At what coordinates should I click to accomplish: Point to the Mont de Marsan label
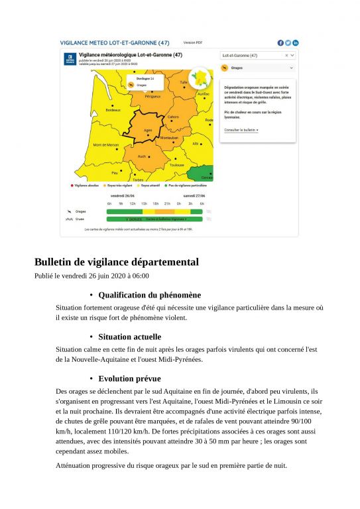click(x=105, y=144)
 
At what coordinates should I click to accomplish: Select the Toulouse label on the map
click(x=176, y=165)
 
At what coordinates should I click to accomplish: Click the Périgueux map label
click(x=152, y=96)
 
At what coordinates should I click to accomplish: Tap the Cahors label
click(x=173, y=117)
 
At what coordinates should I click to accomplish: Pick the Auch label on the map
click(x=142, y=156)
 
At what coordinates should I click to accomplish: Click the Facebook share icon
click(x=280, y=42)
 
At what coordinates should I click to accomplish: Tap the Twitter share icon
click(x=288, y=42)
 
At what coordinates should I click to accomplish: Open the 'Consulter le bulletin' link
click(x=241, y=130)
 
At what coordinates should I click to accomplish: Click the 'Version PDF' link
click(x=192, y=42)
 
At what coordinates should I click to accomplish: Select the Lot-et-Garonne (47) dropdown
click(x=259, y=56)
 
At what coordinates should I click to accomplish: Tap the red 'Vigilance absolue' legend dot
click(x=72, y=185)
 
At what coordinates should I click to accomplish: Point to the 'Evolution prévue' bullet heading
click(x=129, y=378)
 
